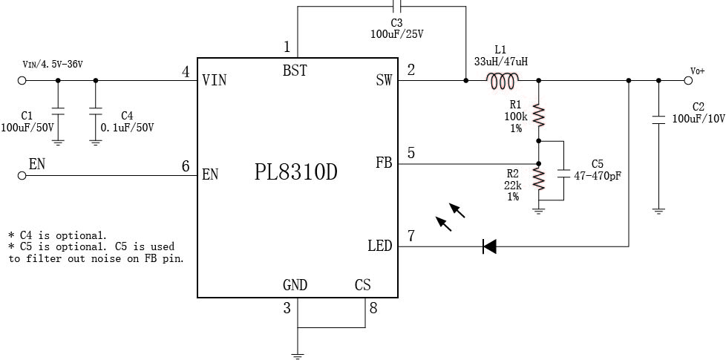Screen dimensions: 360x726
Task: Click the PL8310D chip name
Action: [295, 173]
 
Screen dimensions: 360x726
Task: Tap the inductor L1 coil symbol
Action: [503, 80]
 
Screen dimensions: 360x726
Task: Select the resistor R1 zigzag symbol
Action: [540, 116]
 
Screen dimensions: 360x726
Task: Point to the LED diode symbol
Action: [489, 246]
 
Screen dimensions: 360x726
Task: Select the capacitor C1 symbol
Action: [58, 111]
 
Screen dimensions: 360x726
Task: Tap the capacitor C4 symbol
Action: [95, 111]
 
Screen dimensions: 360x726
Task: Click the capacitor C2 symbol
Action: [658, 119]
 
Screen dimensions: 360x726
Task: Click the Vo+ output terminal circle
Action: [687, 80]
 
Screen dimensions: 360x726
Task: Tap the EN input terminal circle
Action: [22, 175]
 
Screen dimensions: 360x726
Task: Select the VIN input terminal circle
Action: [22, 80]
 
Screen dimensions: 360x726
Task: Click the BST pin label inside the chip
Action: [295, 71]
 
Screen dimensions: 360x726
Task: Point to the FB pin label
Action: [383, 163]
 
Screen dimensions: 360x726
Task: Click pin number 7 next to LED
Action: [411, 237]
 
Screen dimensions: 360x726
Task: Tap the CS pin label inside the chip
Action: [362, 285]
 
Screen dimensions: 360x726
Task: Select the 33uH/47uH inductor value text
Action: [502, 62]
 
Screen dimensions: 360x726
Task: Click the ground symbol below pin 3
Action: [298, 354]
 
